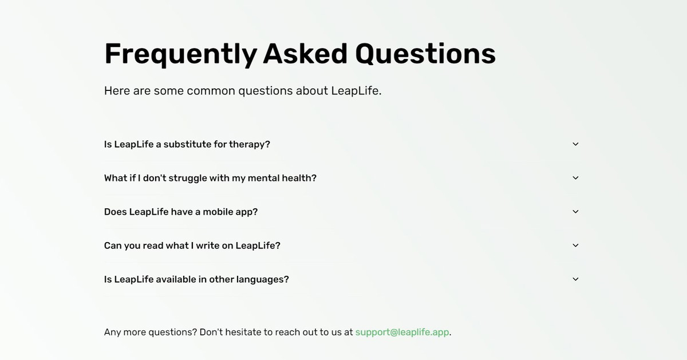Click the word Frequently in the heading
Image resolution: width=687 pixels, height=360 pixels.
coord(181,54)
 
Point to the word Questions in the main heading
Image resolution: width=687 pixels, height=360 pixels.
coord(425,54)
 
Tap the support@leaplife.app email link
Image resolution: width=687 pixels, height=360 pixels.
coord(402,332)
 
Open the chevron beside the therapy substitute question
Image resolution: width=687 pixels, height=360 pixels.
coord(576,144)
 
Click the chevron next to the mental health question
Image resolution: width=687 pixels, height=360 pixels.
coord(576,178)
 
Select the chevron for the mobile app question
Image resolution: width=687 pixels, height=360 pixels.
coord(576,212)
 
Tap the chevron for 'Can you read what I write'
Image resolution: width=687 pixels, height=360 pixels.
coord(576,246)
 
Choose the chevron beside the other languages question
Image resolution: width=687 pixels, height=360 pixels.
coord(576,279)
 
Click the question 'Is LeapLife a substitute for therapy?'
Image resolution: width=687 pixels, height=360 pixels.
coord(187,144)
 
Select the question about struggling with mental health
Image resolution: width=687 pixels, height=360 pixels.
coord(210,178)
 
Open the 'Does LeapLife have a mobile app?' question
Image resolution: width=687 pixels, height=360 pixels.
coord(181,212)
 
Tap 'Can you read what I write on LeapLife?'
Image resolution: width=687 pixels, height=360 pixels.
coord(192,246)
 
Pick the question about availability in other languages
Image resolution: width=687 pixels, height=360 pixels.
coord(196,279)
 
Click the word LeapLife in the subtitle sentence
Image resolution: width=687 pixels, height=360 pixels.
coord(356,91)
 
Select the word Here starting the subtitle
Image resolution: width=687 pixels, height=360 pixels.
coord(117,91)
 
